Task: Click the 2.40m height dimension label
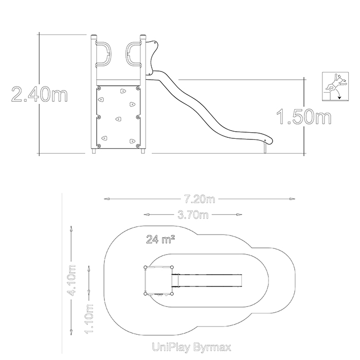[x=40, y=94]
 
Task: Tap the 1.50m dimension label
[x=304, y=117]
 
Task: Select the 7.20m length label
[x=200, y=199]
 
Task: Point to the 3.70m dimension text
[x=193, y=215]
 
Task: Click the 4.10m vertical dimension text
[x=71, y=280]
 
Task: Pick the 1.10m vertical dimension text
[x=89, y=319]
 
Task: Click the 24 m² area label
[x=160, y=239]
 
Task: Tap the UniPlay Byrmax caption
[x=191, y=347]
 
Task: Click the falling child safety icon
[x=335, y=86]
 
